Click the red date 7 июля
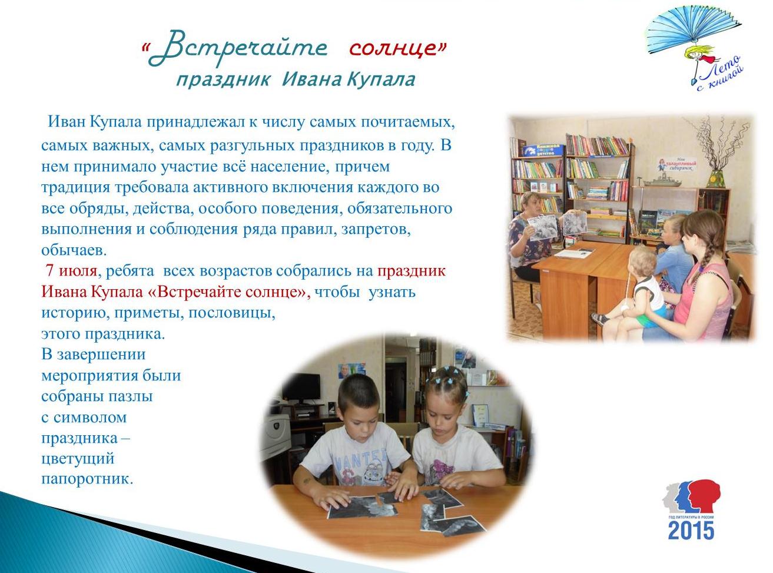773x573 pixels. click(x=71, y=271)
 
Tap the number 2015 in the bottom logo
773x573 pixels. click(x=691, y=531)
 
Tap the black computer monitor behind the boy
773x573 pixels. click(x=301, y=387)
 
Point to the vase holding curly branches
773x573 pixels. click(x=716, y=178)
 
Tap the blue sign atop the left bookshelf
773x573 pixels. click(x=543, y=150)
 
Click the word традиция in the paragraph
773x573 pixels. click(x=75, y=188)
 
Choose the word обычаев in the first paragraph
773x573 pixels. click(x=74, y=250)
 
